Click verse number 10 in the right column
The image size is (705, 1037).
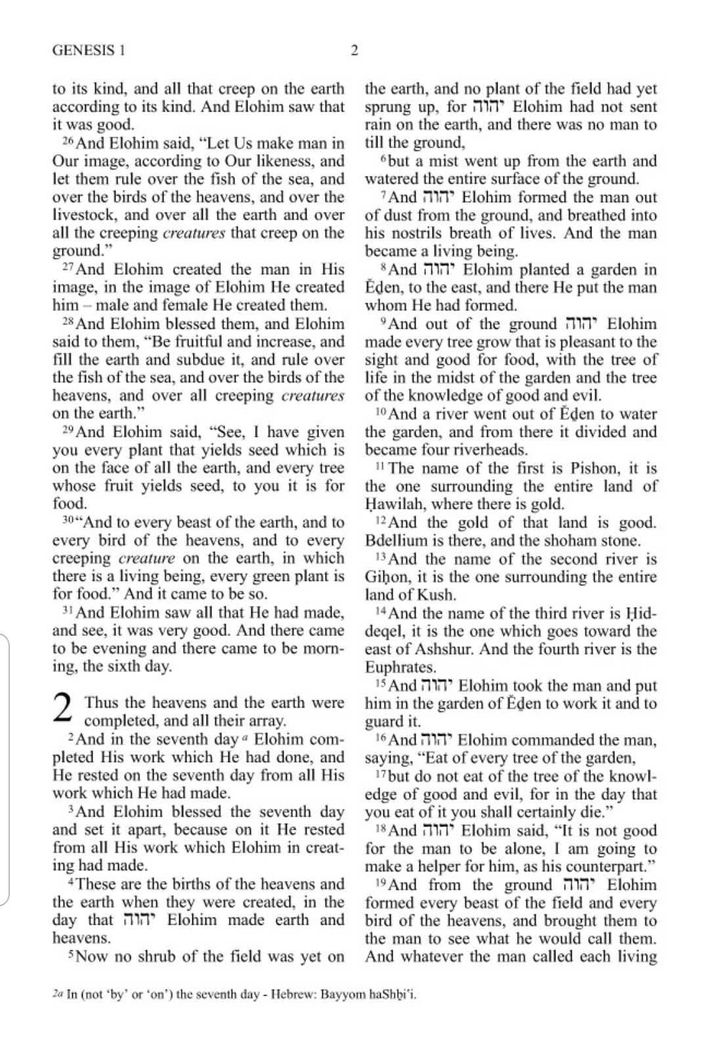point(380,413)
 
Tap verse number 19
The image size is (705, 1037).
point(380,883)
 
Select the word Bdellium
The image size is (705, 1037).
point(395,541)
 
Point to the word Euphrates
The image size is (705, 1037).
point(400,667)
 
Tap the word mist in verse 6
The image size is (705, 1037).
point(439,161)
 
